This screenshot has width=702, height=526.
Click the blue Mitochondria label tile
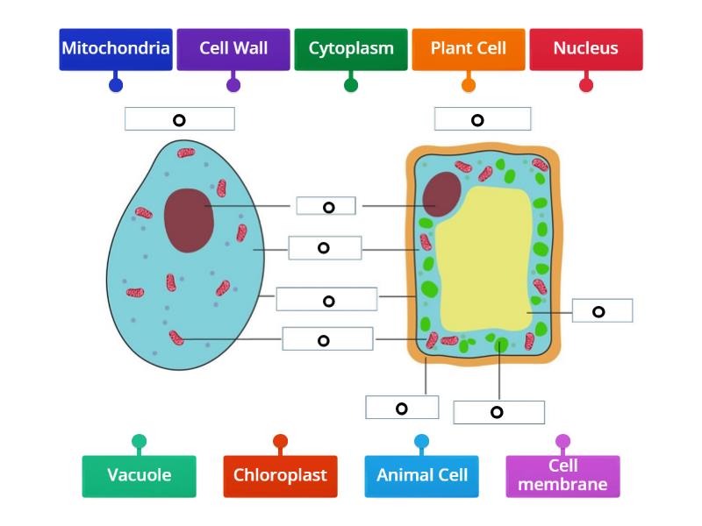point(115,49)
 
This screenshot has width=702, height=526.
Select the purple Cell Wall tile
point(233,49)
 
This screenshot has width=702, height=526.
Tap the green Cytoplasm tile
point(350,49)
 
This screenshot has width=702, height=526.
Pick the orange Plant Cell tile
point(468,49)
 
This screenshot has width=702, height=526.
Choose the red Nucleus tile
point(585,49)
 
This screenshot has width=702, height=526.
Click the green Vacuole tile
point(139,476)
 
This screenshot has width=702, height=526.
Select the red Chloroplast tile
point(280,476)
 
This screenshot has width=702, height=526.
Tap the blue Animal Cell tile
point(421,476)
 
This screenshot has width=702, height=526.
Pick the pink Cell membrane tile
point(562,476)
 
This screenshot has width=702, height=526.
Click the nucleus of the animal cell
point(189,219)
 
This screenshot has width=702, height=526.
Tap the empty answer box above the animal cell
point(179,119)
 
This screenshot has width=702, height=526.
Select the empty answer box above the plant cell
point(482,119)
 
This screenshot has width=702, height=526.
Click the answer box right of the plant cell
point(602,311)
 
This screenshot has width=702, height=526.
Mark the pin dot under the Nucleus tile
point(586,85)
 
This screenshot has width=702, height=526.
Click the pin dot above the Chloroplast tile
point(280,441)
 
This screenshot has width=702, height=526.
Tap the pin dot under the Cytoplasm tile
point(351,85)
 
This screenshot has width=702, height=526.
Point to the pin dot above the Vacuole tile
point(139,441)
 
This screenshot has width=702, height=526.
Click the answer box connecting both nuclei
point(326,207)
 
